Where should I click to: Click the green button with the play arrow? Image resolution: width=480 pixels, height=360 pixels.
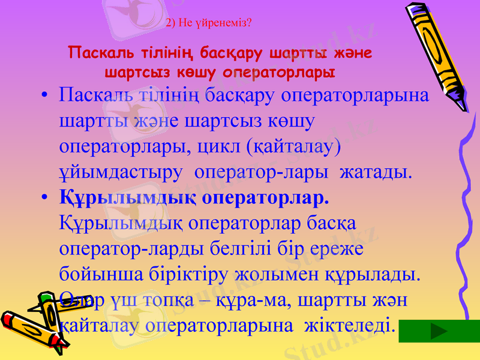439,331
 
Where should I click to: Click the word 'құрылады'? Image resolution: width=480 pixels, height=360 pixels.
378,274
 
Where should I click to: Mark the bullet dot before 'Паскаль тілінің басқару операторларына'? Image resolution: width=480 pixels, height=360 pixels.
44,97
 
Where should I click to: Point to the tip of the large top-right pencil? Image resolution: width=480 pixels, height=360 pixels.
464,109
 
